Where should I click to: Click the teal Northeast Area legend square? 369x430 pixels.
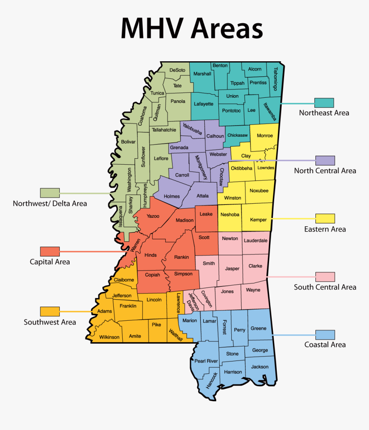324,103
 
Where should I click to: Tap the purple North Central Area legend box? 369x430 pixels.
325,160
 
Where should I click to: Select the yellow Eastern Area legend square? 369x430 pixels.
325,219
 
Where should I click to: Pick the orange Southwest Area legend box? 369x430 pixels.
50,311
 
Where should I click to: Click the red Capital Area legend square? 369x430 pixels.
50,251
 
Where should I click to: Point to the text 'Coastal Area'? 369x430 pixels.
325,345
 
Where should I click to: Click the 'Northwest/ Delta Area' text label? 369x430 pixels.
50,203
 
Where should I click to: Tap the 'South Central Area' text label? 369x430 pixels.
325,287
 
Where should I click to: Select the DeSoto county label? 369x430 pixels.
177,70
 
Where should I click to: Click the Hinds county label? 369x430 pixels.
150,255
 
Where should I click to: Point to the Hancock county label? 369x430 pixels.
212,380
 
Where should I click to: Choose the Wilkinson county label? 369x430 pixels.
109,337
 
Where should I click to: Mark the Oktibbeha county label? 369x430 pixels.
242,168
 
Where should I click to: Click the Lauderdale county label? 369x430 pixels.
255,241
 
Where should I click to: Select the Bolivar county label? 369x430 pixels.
128,141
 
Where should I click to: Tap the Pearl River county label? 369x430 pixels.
206,361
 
